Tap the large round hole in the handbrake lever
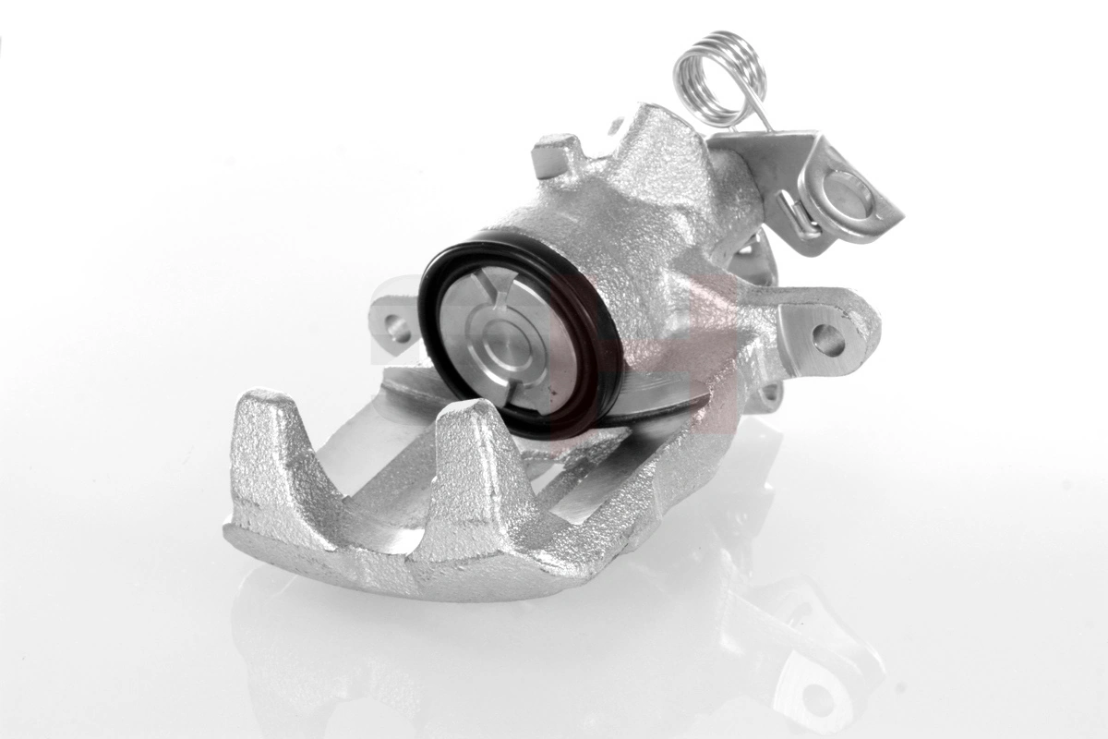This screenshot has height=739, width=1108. [x=847, y=191]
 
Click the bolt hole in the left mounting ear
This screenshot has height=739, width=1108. [x=397, y=326]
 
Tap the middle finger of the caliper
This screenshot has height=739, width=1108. [x=471, y=462]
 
